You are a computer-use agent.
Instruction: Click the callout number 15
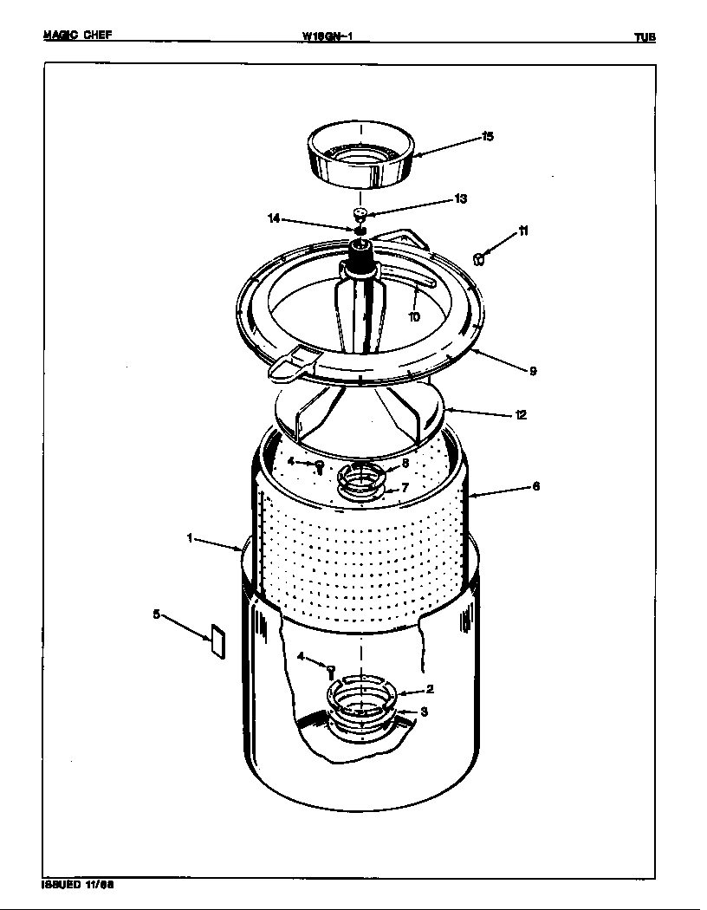pos(488,137)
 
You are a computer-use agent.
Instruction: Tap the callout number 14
pos(274,218)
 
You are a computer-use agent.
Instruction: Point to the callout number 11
pos(523,231)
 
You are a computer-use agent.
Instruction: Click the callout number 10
pos(414,317)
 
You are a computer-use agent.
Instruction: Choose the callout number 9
pos(533,371)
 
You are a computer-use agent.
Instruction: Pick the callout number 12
pos(520,415)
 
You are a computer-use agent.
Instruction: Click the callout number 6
pos(535,486)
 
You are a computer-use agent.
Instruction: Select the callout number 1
pos(189,538)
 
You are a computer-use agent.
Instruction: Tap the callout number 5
pos(156,614)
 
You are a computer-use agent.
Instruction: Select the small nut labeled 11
pos(478,257)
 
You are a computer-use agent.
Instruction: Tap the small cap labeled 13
pos(361,212)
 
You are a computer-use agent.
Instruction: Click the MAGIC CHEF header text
pos(76,36)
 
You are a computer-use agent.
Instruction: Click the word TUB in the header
pos(644,37)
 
